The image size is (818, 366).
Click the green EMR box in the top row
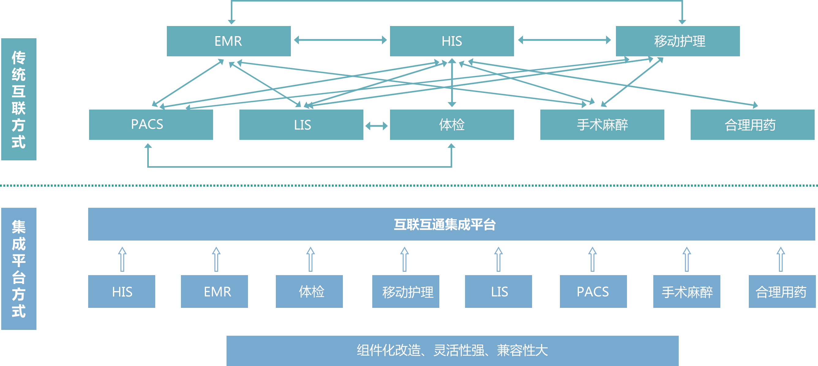pos(229,41)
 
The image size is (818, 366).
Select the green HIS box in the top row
pos(452,41)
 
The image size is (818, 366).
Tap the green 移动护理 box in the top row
pos(678,41)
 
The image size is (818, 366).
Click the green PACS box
pos(151,125)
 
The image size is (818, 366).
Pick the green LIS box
pos(301,125)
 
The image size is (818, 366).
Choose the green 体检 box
pos(452,125)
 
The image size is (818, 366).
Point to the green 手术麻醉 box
pos(602,125)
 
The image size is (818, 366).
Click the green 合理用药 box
pos(752,125)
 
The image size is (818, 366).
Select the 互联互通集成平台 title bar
pos(451,224)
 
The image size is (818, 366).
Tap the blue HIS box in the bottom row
pos(122,291)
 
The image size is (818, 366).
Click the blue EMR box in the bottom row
pos(214,291)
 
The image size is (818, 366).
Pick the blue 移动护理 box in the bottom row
pos(406,291)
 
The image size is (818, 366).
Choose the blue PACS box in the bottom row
pos(593,291)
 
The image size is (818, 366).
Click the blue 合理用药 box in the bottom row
pos(782,291)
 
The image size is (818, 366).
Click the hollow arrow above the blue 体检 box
pos(310,259)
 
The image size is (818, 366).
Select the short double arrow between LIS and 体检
pos(377,126)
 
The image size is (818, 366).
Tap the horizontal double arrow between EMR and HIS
pos(340,40)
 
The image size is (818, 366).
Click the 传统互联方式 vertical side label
pos(19,99)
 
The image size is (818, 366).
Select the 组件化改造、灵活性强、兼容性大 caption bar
pos(452,350)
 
